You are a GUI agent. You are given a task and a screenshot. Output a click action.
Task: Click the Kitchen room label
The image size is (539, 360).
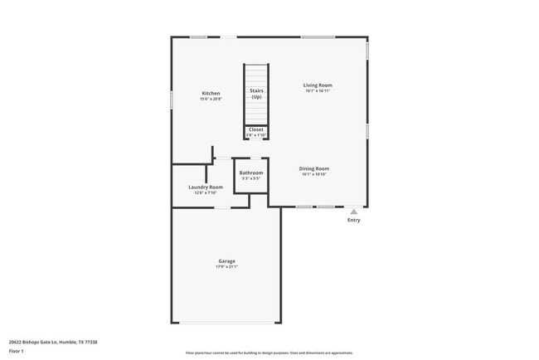[211, 93]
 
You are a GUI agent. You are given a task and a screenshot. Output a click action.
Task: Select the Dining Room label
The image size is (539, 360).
[314, 168]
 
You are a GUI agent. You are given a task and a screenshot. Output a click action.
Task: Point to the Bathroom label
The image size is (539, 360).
[251, 173]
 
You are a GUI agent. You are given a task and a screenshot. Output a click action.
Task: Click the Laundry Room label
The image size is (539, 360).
[206, 187]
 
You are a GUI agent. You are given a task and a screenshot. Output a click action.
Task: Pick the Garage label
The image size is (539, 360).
[226, 261]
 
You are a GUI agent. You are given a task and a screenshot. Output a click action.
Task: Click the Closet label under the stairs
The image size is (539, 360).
[256, 129]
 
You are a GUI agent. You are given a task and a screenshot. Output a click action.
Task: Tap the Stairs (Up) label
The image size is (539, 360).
[256, 93]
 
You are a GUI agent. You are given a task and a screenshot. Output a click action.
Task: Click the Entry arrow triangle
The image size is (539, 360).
[354, 212]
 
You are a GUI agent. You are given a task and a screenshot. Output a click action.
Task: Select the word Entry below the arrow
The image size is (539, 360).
[354, 220]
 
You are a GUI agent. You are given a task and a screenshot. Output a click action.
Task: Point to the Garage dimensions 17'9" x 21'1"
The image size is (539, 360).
[226, 267]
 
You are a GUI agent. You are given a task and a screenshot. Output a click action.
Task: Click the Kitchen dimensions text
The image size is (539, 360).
[211, 99]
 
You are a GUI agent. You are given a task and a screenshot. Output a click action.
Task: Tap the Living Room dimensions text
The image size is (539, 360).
[317, 90]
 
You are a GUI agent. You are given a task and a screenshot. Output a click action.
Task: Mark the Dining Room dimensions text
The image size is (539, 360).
[314, 174]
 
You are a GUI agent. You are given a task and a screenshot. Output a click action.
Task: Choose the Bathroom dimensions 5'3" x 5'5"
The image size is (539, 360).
[251, 178]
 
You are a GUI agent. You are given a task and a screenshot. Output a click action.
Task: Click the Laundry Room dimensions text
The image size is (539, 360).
[206, 192]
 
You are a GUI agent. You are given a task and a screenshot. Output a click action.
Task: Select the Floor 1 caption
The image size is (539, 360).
[17, 351]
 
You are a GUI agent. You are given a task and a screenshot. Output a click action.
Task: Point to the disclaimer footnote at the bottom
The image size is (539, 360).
[269, 353]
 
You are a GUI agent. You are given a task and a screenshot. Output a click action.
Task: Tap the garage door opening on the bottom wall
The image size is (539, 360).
[226, 323]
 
